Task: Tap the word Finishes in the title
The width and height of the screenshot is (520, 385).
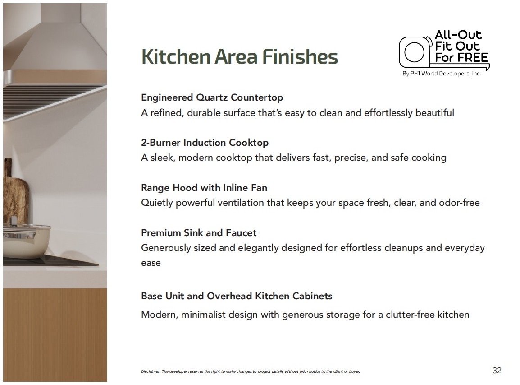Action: coord(300,56)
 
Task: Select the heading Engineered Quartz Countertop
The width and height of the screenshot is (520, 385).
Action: coord(212,97)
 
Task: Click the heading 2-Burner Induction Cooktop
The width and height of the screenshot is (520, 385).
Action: coord(205,143)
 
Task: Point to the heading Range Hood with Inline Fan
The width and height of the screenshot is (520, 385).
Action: coord(204,188)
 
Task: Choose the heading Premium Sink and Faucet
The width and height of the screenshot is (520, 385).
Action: coord(199,232)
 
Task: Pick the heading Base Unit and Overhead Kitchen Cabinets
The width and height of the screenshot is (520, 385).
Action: coord(237,296)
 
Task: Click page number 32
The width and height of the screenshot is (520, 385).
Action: coord(497,371)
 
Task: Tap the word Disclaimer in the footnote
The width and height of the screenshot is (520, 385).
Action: coord(151,371)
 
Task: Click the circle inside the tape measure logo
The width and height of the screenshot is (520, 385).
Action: coord(414,52)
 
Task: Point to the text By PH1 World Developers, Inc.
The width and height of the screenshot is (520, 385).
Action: coord(442,74)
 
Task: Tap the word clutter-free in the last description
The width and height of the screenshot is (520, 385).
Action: coord(410,315)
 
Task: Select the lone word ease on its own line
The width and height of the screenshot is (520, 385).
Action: coord(151,263)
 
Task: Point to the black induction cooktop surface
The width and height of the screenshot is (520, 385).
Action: coord(50,261)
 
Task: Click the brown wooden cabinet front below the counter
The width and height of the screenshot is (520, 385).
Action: coord(55,335)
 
